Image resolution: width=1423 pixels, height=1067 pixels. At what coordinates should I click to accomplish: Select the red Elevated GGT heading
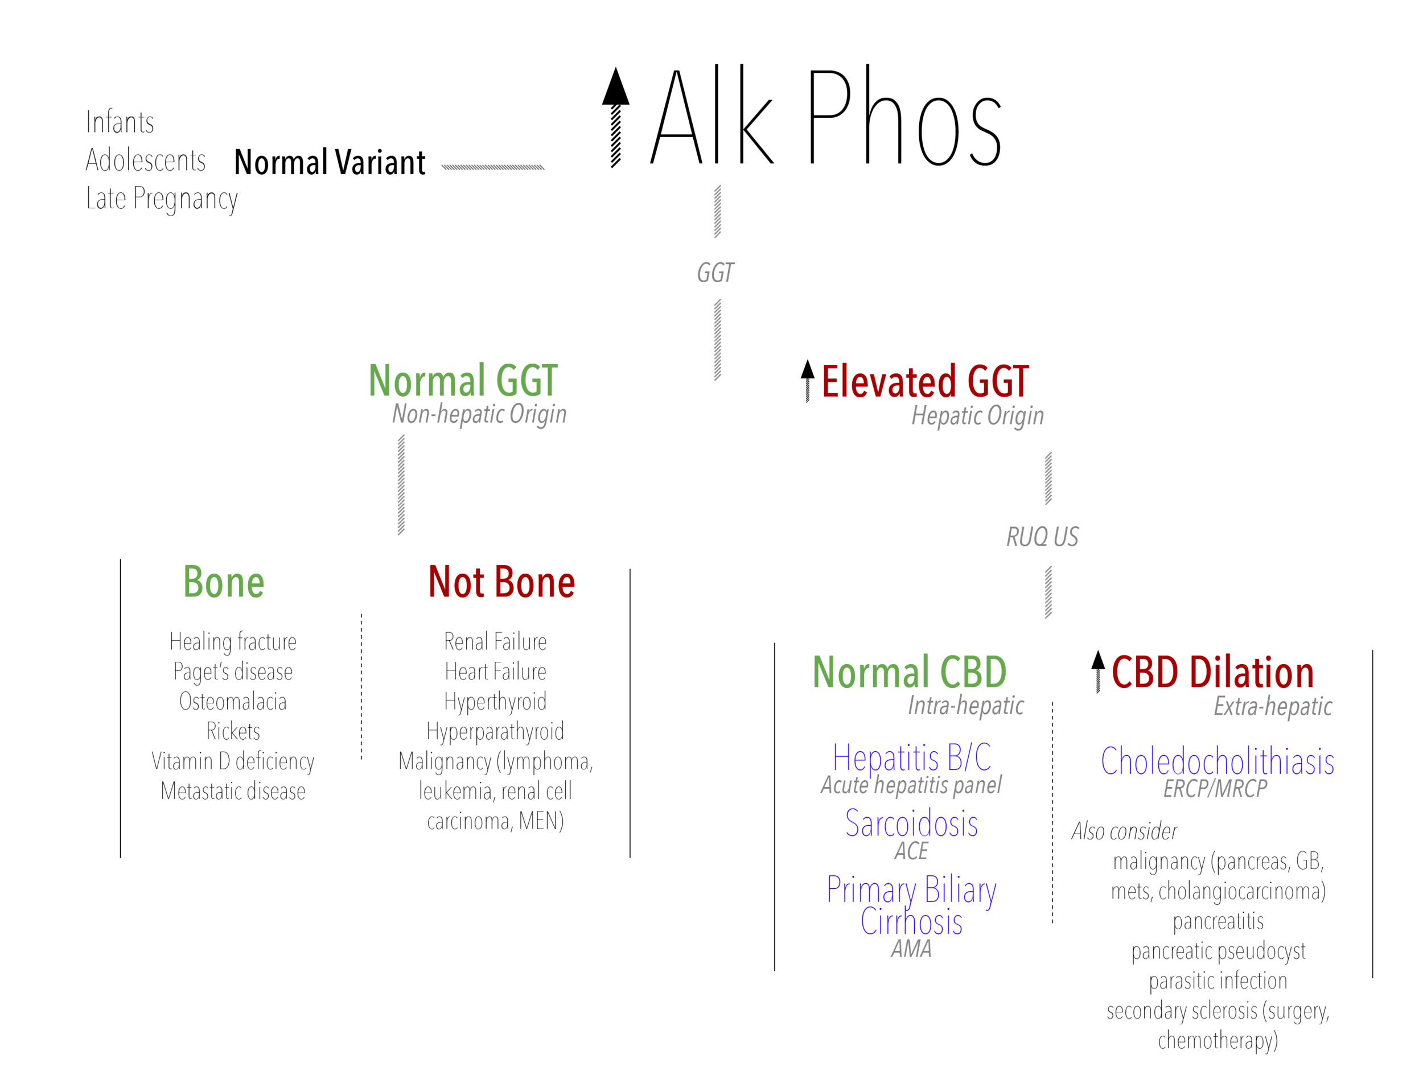pyautogui.click(x=925, y=382)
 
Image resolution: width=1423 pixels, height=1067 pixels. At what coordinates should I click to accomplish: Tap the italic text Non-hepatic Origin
pyautogui.click(x=479, y=414)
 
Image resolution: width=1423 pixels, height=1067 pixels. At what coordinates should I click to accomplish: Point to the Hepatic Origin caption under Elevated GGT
pyautogui.click(x=977, y=416)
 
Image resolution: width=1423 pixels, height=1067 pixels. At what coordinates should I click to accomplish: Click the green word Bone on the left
pyautogui.click(x=224, y=582)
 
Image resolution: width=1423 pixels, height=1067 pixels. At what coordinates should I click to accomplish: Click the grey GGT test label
pyautogui.click(x=715, y=273)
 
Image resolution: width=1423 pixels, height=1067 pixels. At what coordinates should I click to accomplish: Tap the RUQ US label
pyautogui.click(x=1042, y=537)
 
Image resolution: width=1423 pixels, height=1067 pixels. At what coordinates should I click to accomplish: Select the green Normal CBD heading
pyautogui.click(x=909, y=672)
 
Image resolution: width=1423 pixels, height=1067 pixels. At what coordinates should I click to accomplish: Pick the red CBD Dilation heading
pyautogui.click(x=1212, y=673)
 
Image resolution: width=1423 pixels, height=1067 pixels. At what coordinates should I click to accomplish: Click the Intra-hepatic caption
pyautogui.click(x=965, y=706)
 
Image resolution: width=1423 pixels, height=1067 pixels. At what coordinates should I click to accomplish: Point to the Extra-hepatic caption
pyautogui.click(x=1273, y=707)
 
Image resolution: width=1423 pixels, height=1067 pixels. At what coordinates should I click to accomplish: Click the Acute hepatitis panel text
pyautogui.click(x=910, y=785)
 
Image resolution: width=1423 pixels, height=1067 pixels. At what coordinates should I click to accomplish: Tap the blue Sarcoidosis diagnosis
pyautogui.click(x=911, y=824)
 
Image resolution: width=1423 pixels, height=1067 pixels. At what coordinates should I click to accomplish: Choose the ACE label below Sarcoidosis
pyautogui.click(x=911, y=851)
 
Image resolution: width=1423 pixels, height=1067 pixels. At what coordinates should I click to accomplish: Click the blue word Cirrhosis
pyautogui.click(x=911, y=922)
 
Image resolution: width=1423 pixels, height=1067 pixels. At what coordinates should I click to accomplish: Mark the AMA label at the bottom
pyautogui.click(x=911, y=949)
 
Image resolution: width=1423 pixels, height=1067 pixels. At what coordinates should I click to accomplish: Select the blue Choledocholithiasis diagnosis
pyautogui.click(x=1217, y=761)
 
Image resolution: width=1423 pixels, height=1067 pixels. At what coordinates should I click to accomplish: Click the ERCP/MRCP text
pyautogui.click(x=1215, y=789)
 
